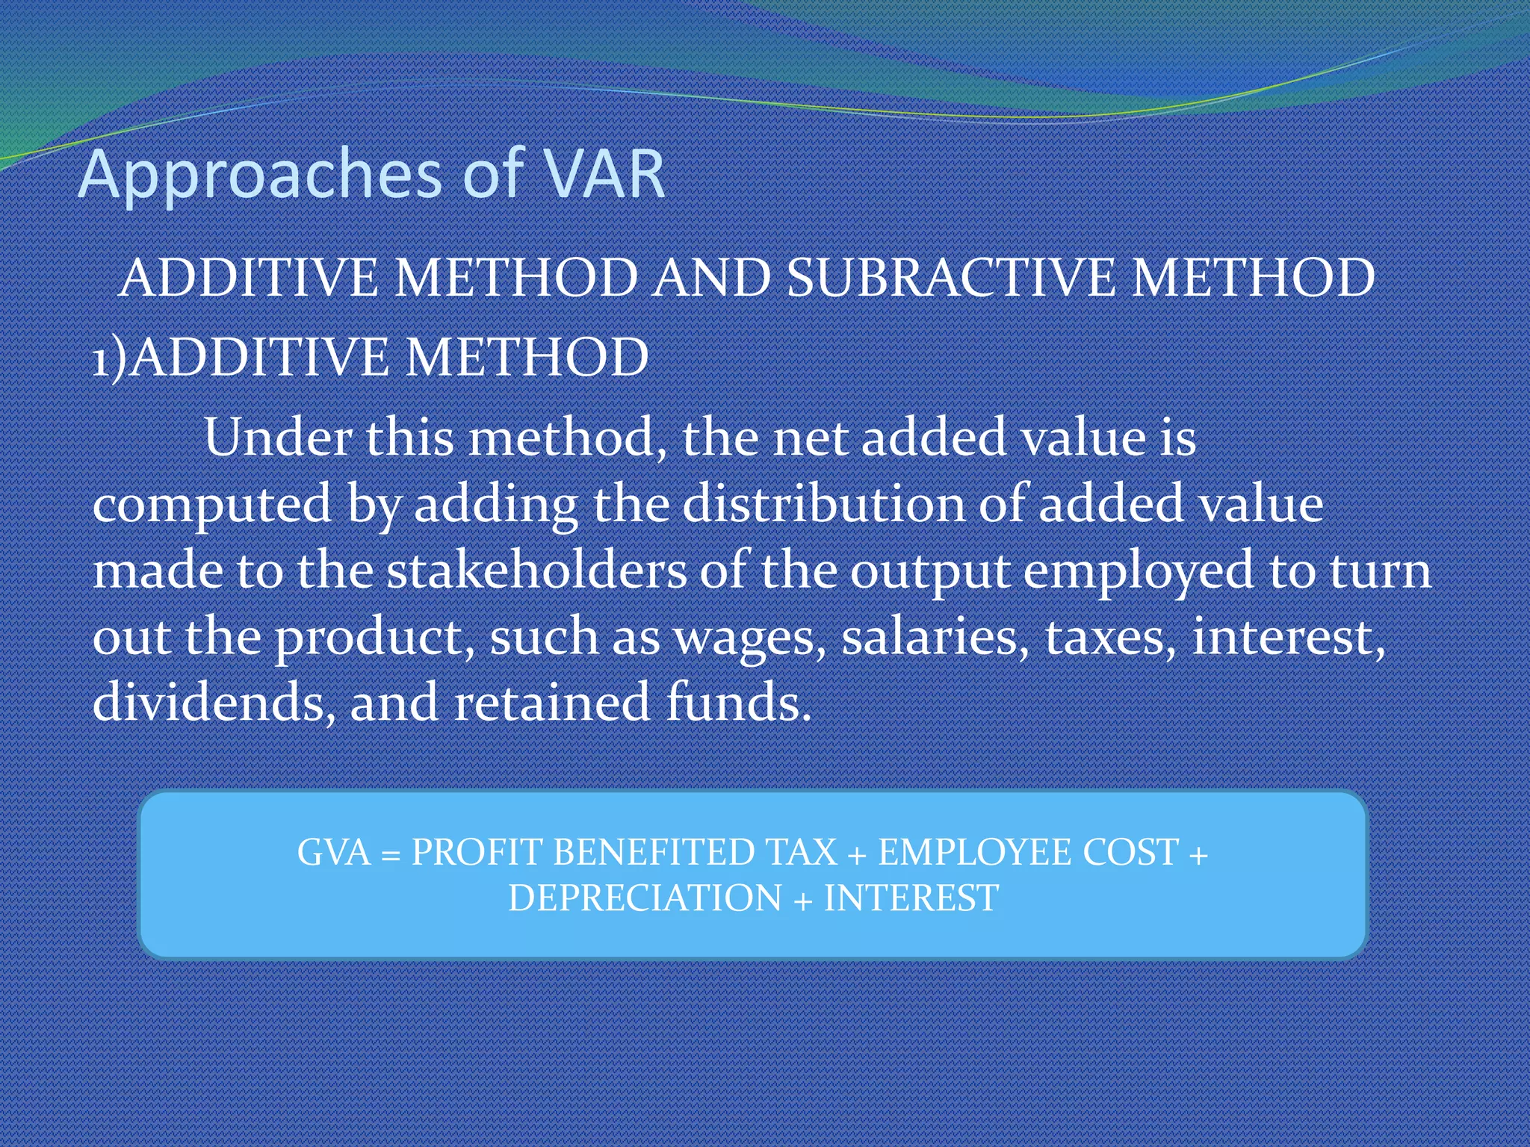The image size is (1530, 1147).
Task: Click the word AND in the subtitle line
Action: click(x=712, y=278)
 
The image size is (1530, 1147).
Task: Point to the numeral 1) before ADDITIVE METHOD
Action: click(x=109, y=358)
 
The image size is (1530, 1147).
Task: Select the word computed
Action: click(x=211, y=505)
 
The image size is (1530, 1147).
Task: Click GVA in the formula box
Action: click(x=333, y=852)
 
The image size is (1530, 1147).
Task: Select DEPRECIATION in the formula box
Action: click(x=645, y=898)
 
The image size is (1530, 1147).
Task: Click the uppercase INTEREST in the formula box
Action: click(x=911, y=898)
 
